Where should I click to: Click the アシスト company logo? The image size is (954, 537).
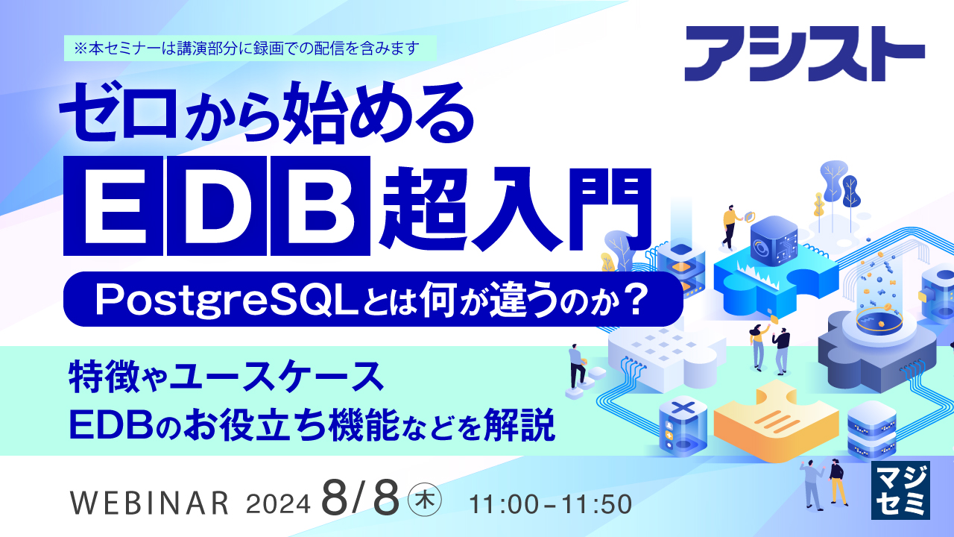[804, 54]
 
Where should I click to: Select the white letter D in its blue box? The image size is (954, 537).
[216, 204]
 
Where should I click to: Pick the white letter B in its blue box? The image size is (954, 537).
[319, 204]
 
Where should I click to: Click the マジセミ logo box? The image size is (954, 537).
[900, 489]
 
